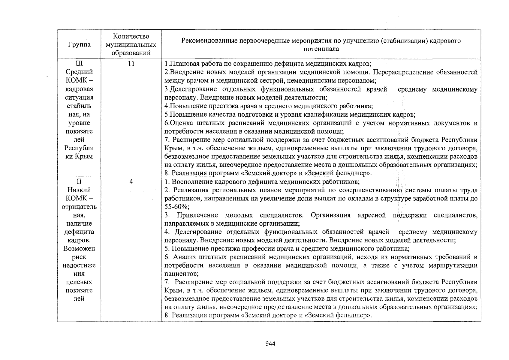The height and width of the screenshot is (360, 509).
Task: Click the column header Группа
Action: (79, 45)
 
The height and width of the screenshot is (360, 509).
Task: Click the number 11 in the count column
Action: (131, 64)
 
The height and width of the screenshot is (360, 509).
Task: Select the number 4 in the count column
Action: (131, 181)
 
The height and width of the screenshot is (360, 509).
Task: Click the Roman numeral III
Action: (79, 64)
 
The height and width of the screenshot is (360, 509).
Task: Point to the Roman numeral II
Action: (79, 181)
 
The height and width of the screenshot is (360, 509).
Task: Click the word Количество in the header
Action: (131, 36)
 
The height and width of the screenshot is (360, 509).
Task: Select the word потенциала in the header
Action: (321, 49)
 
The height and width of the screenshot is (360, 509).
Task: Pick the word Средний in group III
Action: (79, 72)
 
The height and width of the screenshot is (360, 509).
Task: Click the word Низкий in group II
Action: (79, 190)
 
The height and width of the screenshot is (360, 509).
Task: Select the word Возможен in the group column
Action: (79, 248)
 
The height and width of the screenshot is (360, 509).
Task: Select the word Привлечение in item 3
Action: (197, 215)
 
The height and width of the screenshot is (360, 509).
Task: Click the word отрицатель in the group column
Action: (79, 207)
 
